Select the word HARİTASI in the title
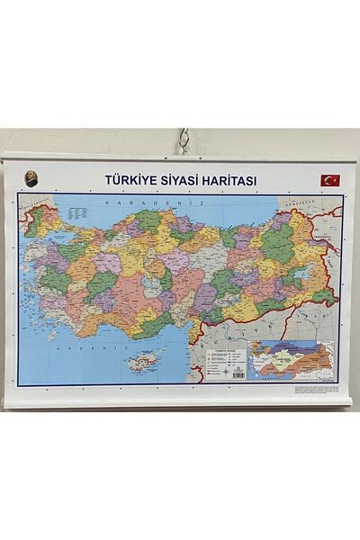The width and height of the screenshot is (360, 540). coord(233,181)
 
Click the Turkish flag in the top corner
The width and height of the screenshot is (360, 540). coord(330,180)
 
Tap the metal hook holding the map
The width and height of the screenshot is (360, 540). coord(184,140)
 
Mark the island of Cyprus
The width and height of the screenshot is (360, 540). coord(143,363)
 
